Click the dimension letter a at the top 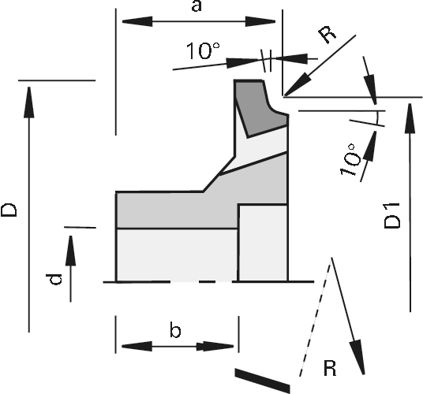click(x=197, y=6)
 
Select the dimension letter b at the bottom click(x=175, y=330)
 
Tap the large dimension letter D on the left click(x=9, y=210)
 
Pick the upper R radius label click(x=328, y=35)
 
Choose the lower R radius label click(x=330, y=368)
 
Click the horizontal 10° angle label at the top click(x=203, y=50)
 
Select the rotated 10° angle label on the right click(x=350, y=160)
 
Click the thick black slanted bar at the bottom click(x=263, y=381)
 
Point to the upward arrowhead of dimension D click(x=29, y=102)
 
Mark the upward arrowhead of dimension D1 click(x=410, y=118)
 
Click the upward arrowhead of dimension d click(x=70, y=251)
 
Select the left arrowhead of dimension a click(x=137, y=21)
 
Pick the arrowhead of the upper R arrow click(x=297, y=84)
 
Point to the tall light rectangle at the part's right click(x=263, y=243)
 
